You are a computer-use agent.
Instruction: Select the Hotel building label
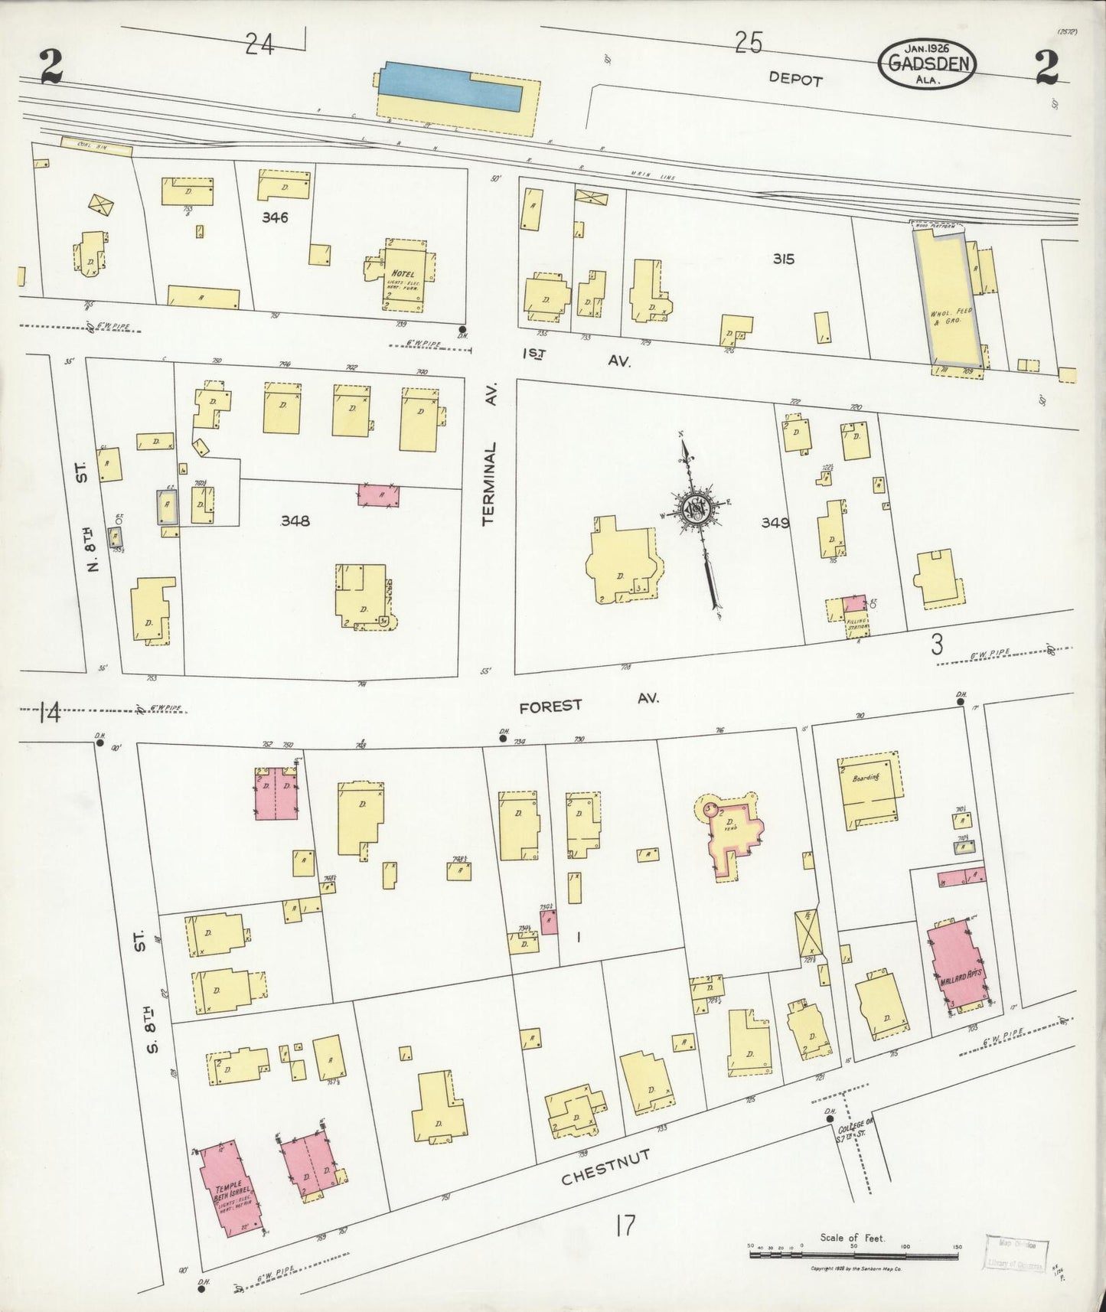coord(403,274)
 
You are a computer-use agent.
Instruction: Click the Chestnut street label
coord(605,1168)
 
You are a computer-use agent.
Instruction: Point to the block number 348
coord(295,521)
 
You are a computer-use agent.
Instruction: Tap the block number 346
coord(274,217)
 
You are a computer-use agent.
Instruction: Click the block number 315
coord(783,259)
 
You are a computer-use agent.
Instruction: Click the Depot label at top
coord(796,79)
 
